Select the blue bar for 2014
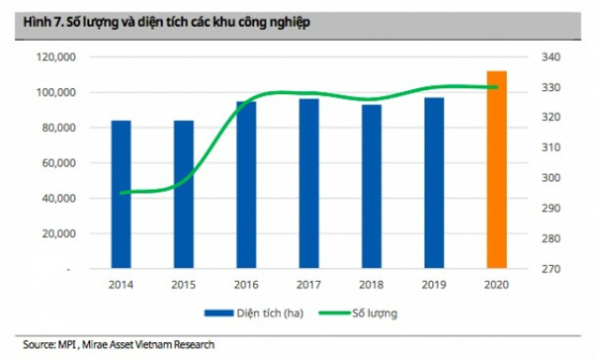(x=121, y=194)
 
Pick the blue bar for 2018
(x=371, y=186)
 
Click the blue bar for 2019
(x=434, y=182)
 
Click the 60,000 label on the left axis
(x=57, y=163)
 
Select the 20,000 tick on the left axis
(x=57, y=233)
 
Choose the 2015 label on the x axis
(x=183, y=284)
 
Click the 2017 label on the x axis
(x=309, y=284)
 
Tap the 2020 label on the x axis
(x=496, y=284)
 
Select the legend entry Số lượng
(x=372, y=313)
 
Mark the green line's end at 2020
(x=496, y=87)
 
